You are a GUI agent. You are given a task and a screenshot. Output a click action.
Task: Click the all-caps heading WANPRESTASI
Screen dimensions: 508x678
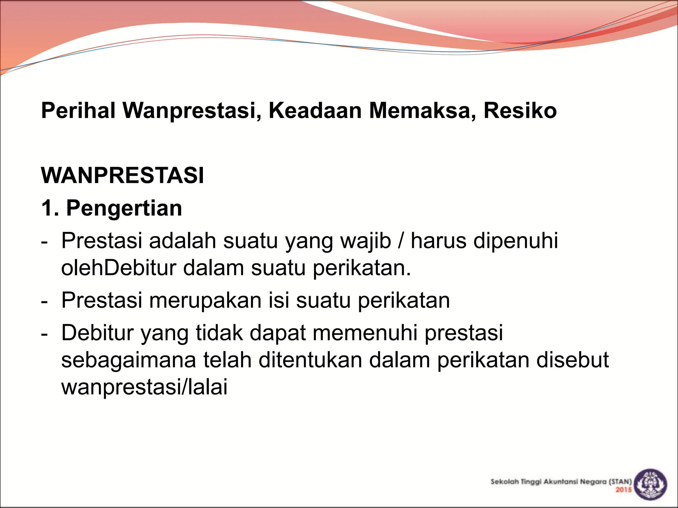click(122, 175)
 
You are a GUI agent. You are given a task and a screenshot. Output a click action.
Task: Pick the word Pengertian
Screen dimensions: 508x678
click(124, 208)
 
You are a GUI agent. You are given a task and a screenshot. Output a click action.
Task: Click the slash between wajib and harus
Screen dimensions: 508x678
click(401, 240)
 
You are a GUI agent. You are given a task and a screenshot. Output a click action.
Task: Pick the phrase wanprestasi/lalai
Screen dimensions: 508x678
click(144, 387)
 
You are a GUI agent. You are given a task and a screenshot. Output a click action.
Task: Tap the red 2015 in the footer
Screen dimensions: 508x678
click(624, 490)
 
